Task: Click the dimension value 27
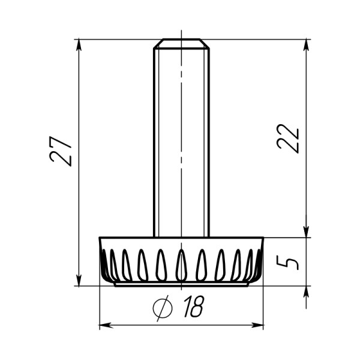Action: point(61,152)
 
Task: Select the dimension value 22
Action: point(288,139)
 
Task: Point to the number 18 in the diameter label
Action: point(194,306)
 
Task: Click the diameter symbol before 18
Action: point(163,308)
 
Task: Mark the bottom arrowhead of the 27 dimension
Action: point(79,280)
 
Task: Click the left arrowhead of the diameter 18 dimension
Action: point(106,325)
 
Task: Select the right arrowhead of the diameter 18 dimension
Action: point(257,325)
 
